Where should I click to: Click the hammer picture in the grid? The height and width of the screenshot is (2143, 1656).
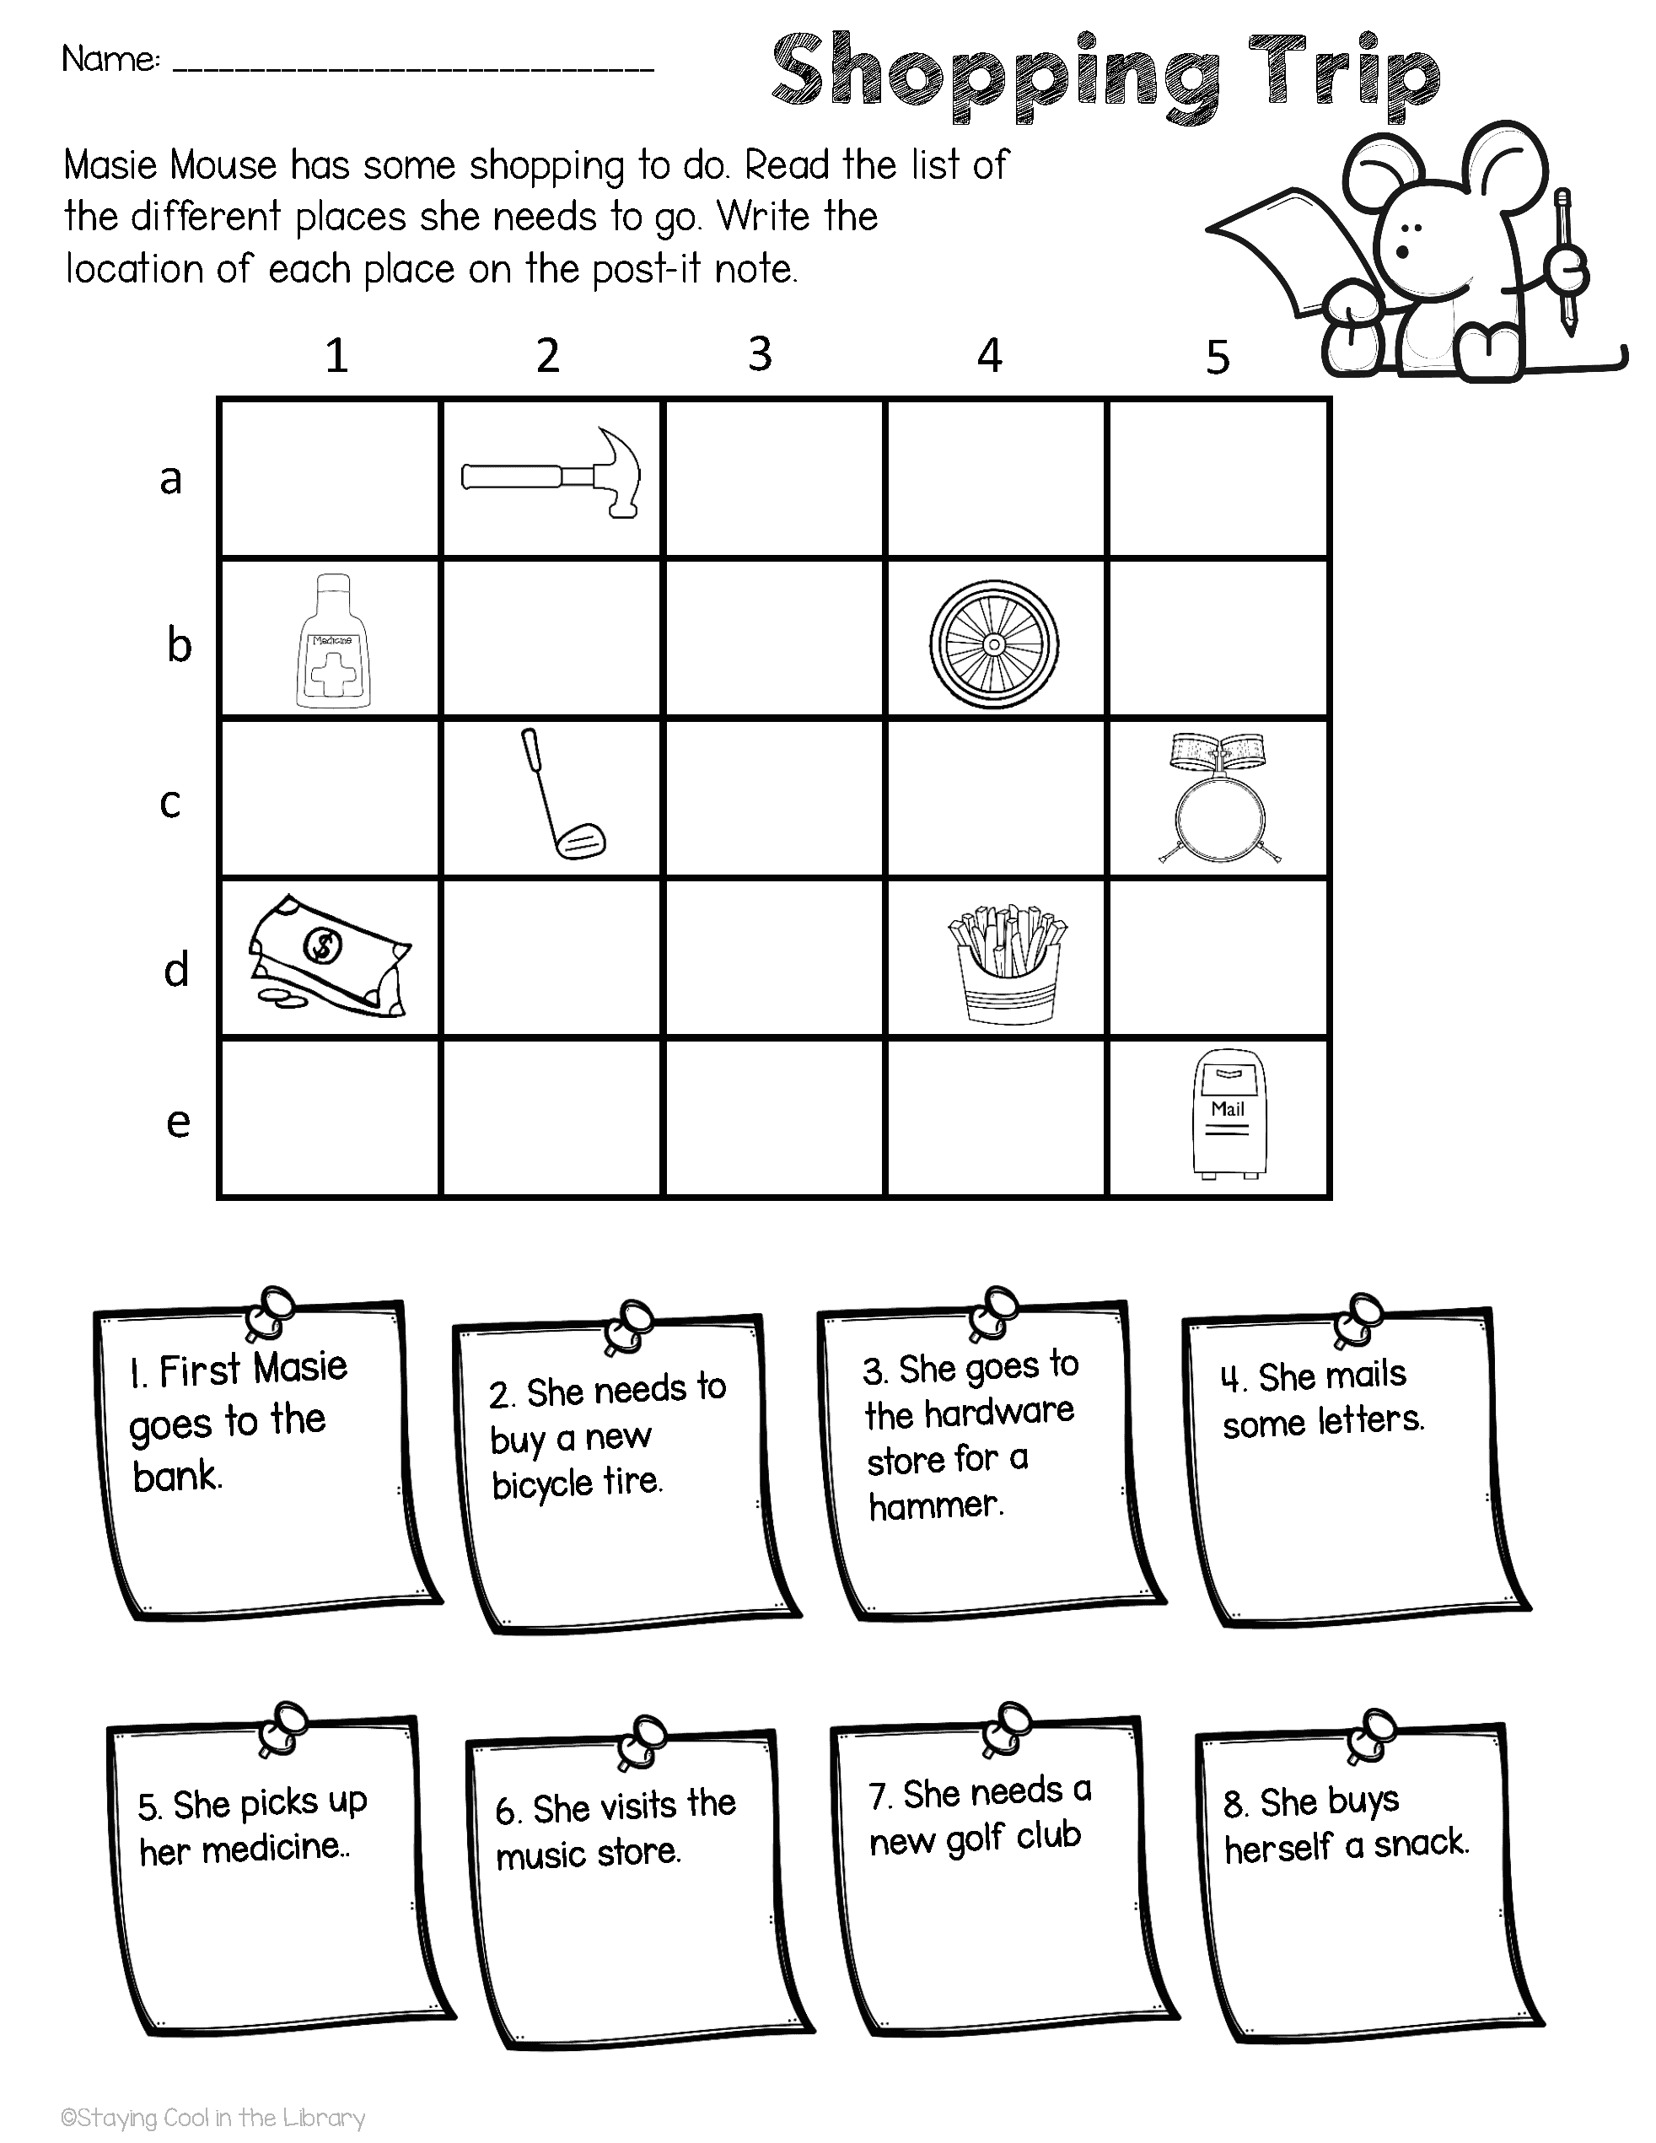coord(551,475)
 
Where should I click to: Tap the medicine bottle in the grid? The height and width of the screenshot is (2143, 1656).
coord(334,642)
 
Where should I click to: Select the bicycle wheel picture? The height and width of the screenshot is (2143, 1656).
coord(994,643)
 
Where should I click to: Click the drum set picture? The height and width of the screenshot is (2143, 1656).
coord(1218,799)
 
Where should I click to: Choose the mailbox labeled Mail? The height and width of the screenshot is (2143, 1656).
coord(1228,1112)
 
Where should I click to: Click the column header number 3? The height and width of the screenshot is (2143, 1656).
coord(760,354)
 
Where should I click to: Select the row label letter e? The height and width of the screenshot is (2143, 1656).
coord(178,1121)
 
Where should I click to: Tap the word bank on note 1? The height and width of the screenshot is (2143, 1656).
coord(176,1476)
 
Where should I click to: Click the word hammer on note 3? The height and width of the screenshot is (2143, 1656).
coord(935,1505)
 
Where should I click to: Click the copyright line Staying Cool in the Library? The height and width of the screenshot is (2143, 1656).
coord(212,2118)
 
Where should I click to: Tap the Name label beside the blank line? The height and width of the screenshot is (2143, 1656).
coord(110,60)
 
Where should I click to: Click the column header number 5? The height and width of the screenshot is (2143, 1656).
coord(1217,358)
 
